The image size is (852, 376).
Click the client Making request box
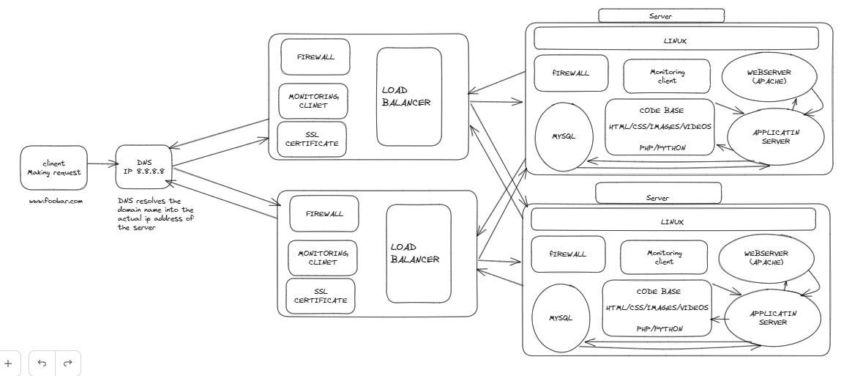click(x=53, y=168)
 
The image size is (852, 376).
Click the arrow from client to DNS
click(x=101, y=166)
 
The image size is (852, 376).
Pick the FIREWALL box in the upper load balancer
click(x=315, y=57)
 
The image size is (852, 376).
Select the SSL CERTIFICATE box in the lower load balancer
click(x=320, y=295)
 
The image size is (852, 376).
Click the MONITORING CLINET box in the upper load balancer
click(x=313, y=100)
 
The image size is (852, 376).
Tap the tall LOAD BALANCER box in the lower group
click(x=419, y=254)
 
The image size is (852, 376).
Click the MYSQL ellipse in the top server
click(x=564, y=137)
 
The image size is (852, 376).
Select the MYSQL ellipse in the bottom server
click(x=561, y=317)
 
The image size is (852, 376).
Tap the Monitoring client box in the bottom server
click(x=665, y=257)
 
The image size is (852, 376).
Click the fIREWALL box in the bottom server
click(x=568, y=254)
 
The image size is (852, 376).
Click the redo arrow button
click(x=68, y=363)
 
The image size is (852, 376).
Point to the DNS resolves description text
click(x=155, y=213)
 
